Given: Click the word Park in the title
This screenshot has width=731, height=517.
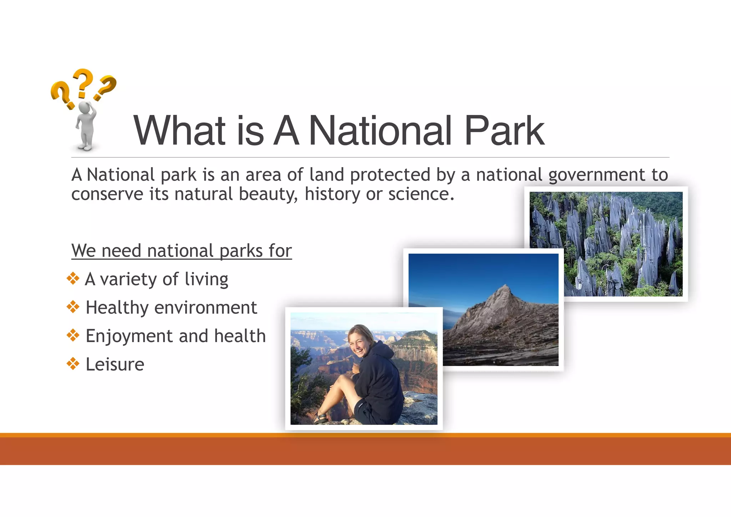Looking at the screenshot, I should click(x=504, y=131).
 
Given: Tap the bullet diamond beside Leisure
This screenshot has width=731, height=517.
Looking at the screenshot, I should click(x=73, y=364).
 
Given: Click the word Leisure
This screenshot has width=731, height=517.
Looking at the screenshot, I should click(x=115, y=365).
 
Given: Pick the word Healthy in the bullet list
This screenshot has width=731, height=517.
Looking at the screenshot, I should click(x=117, y=308).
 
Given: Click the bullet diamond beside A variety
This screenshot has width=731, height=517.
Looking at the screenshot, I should click(x=73, y=278).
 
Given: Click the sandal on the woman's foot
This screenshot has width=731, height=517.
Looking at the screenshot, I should click(x=321, y=418).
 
